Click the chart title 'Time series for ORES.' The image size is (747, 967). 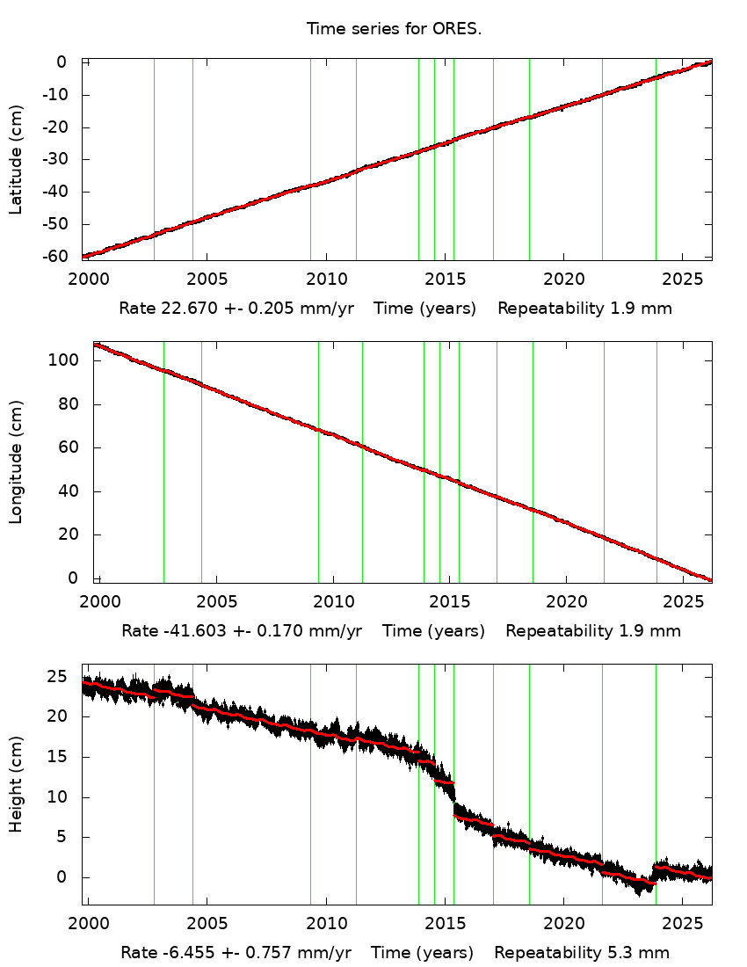click(394, 28)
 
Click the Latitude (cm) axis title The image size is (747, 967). click(16, 159)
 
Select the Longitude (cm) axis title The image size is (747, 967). click(16, 462)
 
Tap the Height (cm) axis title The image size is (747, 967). click(16, 783)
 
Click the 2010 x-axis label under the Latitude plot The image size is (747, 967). click(326, 280)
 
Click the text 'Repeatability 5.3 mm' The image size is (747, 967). click(582, 953)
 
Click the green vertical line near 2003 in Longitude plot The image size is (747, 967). click(163, 462)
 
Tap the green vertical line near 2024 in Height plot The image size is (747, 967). click(656, 783)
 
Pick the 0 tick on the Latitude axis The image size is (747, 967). click(62, 62)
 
